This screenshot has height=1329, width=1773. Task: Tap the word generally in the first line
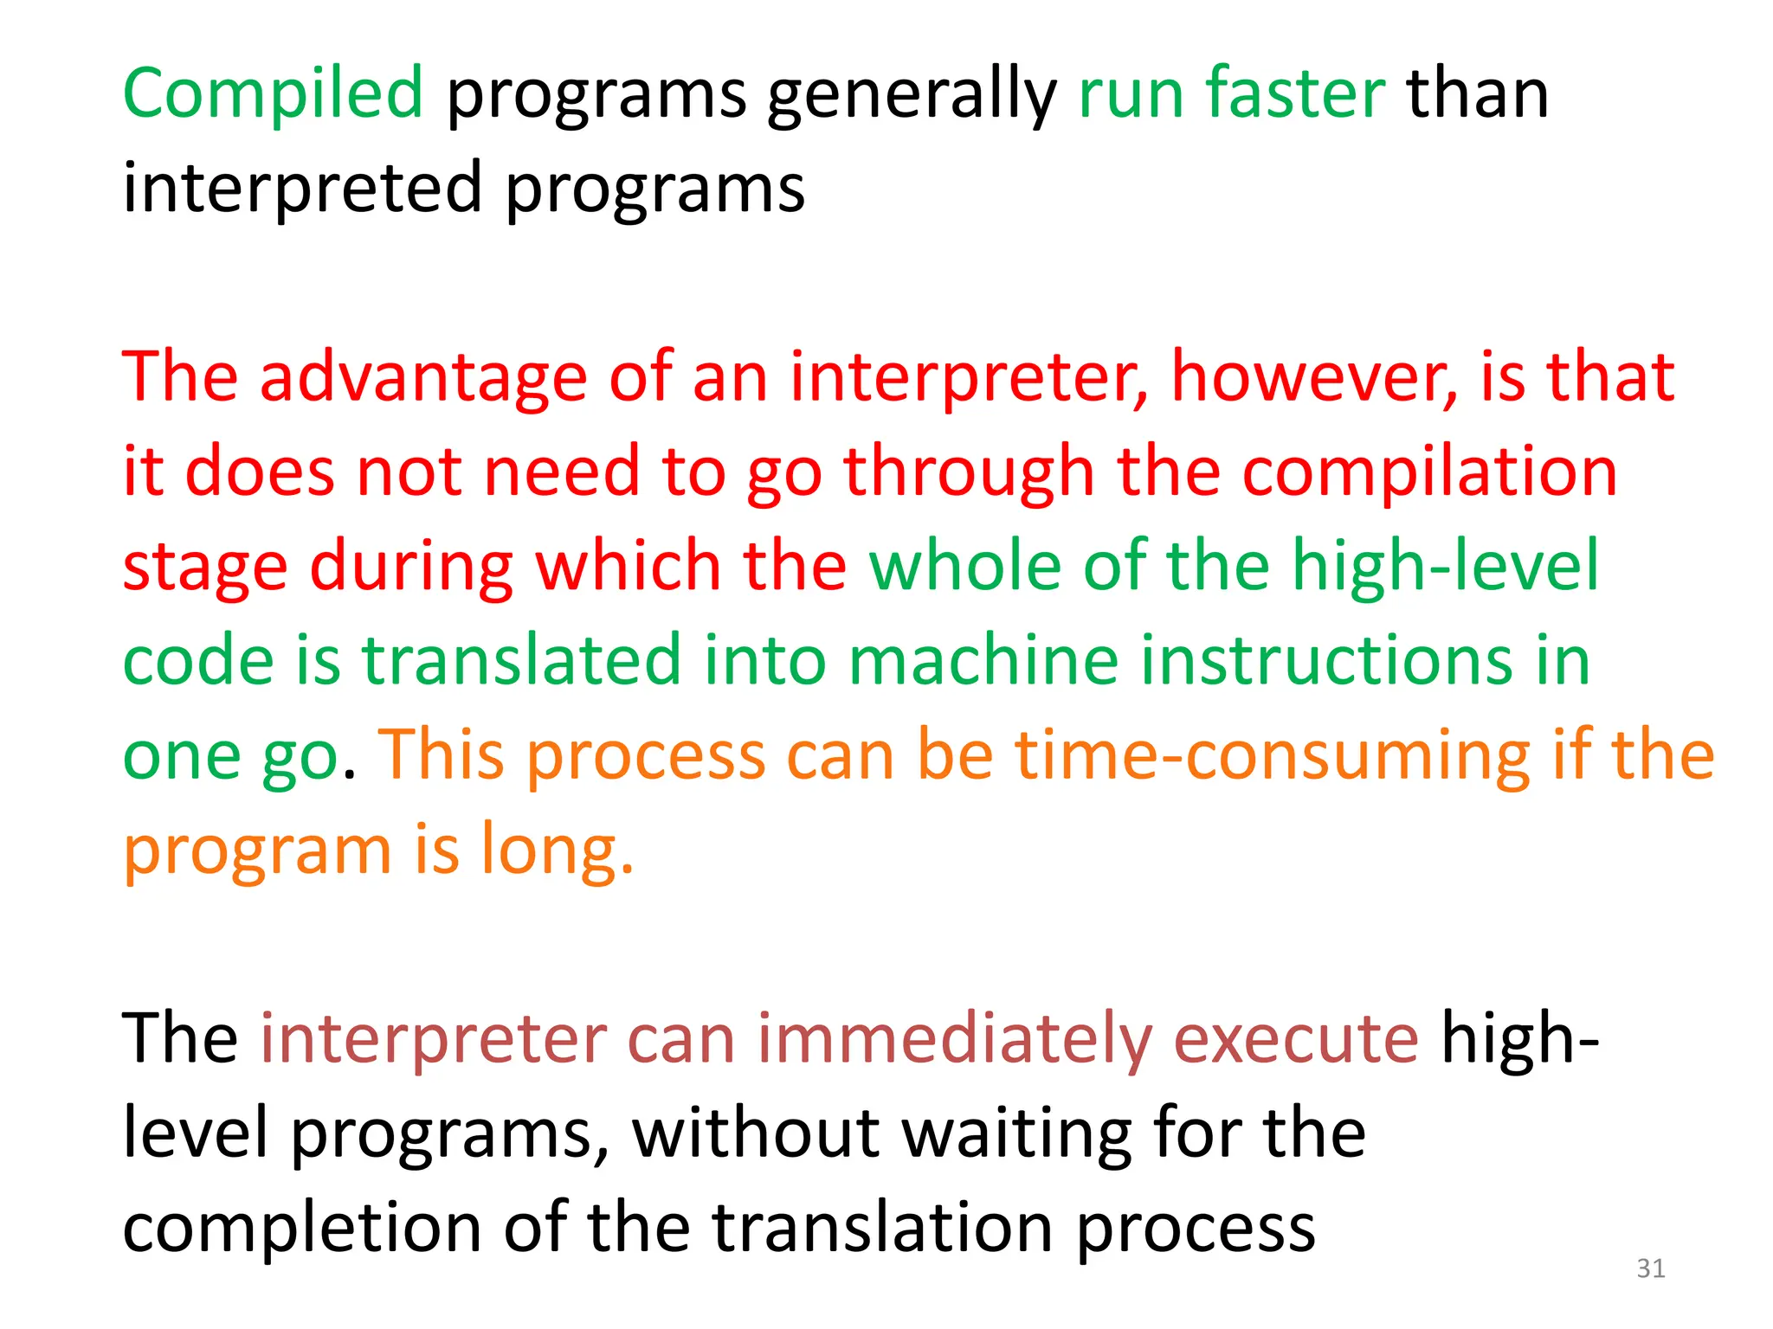coord(912,95)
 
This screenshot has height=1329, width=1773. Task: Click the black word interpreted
coord(302,188)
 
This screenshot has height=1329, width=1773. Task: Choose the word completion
coord(302,1228)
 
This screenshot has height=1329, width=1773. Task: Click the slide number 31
coord(1650,1268)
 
